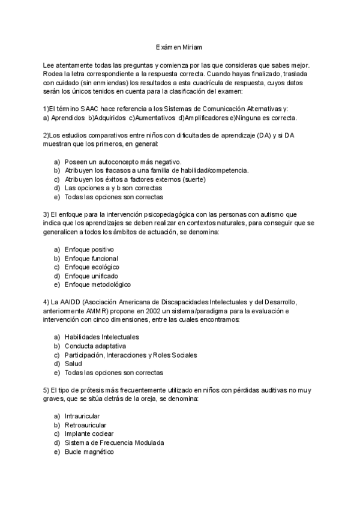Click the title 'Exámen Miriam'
click(179, 46)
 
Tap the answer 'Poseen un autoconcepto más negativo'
click(123, 161)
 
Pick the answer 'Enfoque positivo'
click(89, 249)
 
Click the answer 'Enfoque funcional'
click(91, 258)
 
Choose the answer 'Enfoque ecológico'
click(92, 267)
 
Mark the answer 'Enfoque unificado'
click(91, 276)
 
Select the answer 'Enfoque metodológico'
click(97, 285)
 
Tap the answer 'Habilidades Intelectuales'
click(101, 337)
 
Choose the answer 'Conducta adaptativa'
click(95, 346)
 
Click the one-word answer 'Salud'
click(74, 364)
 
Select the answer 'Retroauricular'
click(87, 425)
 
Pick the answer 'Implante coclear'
click(89, 433)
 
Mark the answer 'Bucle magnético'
click(89, 451)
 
